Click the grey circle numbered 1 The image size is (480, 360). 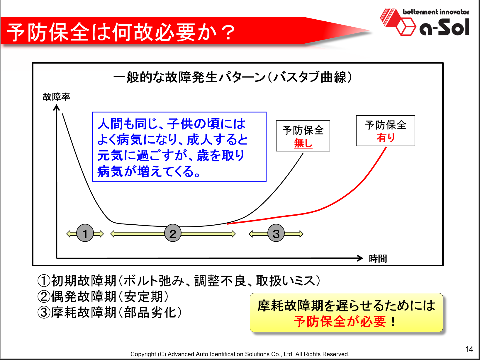[x=85, y=233]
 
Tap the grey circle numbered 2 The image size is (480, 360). [x=173, y=233]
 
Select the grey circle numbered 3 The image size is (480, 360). [x=276, y=233]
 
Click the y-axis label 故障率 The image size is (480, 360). [x=56, y=97]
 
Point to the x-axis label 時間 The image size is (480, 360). [x=378, y=259]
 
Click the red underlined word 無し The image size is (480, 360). [x=303, y=143]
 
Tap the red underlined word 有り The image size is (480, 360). [x=386, y=138]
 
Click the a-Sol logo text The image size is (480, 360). [x=444, y=27]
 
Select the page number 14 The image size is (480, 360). [x=469, y=349]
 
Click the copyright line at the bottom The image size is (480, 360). [x=240, y=354]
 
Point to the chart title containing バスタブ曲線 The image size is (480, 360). [x=233, y=77]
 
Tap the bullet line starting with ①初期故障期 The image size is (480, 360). [x=179, y=281]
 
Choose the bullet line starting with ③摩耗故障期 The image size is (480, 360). [x=110, y=312]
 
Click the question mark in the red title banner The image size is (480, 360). [x=228, y=33]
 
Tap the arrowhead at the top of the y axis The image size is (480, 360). [x=56, y=105]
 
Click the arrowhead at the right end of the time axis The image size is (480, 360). [x=363, y=258]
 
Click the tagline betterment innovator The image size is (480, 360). [x=436, y=12]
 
